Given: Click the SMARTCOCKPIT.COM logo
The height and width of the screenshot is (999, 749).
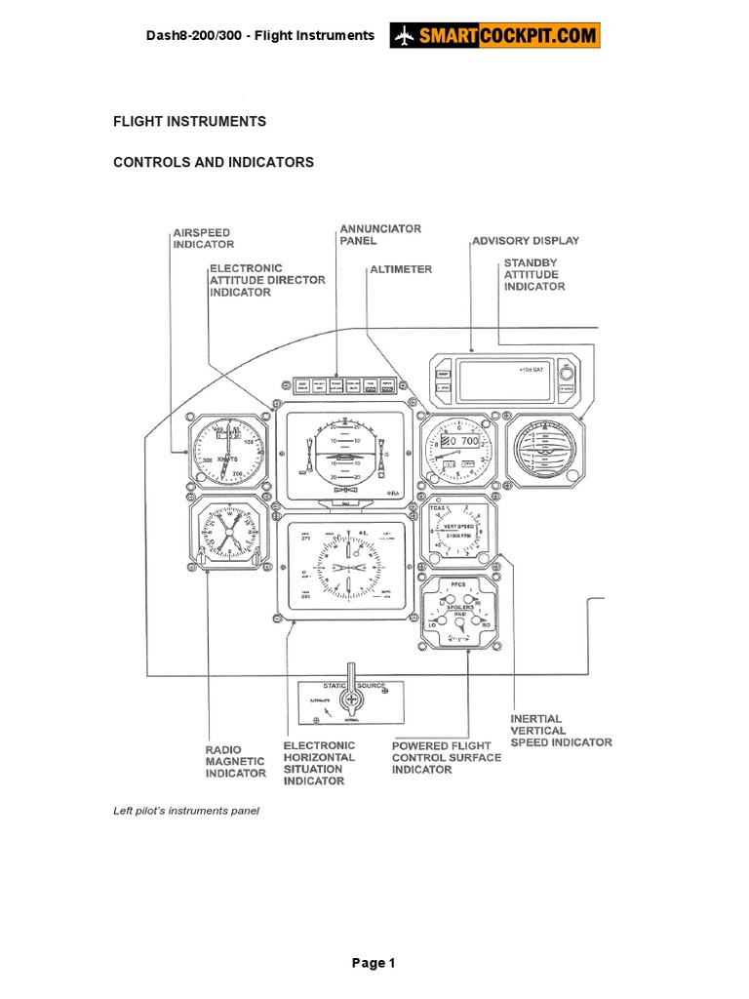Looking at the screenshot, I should pos(495,35).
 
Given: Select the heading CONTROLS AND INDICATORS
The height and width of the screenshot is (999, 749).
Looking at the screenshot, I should pos(214,163).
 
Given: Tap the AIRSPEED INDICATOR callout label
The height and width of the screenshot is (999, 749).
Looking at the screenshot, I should pos(203,239).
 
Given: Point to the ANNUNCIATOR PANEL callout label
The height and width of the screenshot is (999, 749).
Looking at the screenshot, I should pos(380,234).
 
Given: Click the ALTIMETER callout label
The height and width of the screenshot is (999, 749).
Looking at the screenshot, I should pos(400,268).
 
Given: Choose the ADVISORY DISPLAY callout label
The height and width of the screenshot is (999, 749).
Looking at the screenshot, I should pos(526,240).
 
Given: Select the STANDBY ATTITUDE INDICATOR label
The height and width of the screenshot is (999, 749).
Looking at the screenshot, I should pos(533,274).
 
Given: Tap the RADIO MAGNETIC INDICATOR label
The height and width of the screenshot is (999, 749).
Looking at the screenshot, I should pos(235,761).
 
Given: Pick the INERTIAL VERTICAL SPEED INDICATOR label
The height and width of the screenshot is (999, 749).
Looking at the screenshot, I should pos(561,731).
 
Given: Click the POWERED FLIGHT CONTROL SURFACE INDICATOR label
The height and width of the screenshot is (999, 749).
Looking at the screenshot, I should pos(447,757).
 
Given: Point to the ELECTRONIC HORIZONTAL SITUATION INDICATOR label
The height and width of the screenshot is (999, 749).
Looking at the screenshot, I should pos(319,763).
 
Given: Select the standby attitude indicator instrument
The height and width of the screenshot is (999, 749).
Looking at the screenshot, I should pos(543,451).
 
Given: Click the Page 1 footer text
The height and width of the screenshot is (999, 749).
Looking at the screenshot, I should pos(374,964).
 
